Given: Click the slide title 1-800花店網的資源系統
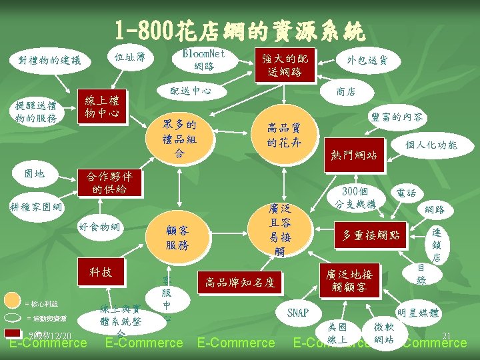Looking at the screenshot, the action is point(240,29).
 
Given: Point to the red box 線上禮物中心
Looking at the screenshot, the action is point(103,107).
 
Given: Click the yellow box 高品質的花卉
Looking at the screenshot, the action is point(284,135).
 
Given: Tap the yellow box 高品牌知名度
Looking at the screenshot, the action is point(240,282).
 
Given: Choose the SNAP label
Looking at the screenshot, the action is point(298,312).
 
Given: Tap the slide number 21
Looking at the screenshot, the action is point(447,335).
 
